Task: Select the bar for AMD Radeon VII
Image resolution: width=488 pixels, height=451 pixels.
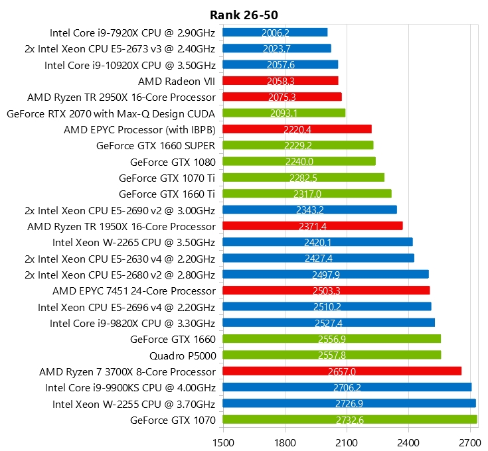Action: (280, 81)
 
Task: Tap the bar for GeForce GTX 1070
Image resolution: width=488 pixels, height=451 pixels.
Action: (349, 420)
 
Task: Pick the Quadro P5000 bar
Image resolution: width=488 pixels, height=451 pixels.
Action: (331, 355)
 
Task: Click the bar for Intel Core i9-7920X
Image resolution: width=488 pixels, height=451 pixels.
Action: (275, 32)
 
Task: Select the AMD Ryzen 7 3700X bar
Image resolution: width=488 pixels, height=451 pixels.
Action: (342, 371)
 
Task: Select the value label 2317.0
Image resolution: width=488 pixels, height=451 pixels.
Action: (307, 194)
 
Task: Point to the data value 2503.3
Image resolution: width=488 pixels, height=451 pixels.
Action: (327, 290)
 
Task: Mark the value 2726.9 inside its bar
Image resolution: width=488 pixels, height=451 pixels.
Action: (349, 404)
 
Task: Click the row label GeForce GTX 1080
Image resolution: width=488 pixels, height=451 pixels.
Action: (173, 162)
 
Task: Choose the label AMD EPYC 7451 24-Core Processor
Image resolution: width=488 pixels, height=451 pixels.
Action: (134, 290)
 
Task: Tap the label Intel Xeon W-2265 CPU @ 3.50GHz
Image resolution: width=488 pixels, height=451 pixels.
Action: (134, 242)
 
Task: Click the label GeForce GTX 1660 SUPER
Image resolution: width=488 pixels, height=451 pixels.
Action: (156, 145)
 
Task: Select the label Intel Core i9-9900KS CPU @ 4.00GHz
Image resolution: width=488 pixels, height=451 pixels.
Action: (130, 387)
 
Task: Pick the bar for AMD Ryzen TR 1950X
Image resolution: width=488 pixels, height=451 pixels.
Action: (313, 226)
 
